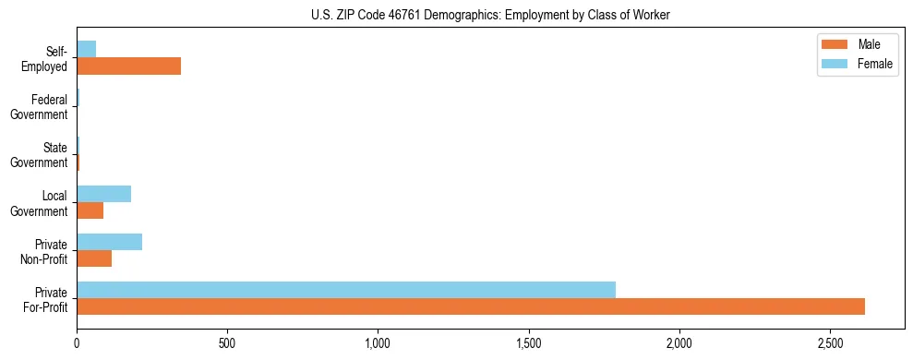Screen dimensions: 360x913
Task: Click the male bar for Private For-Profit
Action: (x=471, y=306)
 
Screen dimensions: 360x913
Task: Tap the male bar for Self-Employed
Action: (x=128, y=66)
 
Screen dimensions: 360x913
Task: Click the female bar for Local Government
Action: (x=103, y=194)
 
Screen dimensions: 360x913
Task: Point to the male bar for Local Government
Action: (x=90, y=210)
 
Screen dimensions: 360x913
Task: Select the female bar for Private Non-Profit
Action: (x=109, y=242)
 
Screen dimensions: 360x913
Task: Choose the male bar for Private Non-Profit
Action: (x=94, y=258)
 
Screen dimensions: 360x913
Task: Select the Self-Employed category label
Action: (x=45, y=59)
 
